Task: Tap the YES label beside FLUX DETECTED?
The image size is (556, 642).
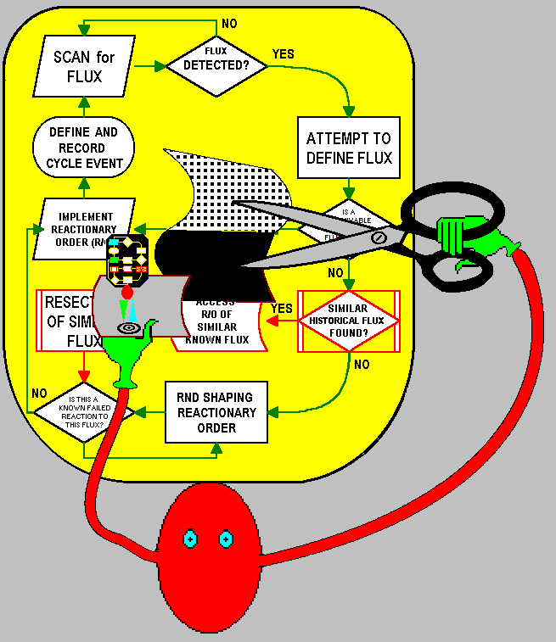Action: pos(283,53)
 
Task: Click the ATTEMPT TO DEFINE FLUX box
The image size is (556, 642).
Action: pos(349,148)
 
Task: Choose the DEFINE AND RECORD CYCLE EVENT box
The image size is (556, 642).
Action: pos(83,148)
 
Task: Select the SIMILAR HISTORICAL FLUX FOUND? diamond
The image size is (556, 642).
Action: pos(347,321)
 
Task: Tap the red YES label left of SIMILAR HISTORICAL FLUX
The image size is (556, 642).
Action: pos(281,308)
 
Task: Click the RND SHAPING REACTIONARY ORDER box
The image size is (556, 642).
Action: pos(216,412)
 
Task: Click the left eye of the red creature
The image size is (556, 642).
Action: pos(190,539)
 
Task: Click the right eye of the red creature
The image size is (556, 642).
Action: pos(226,539)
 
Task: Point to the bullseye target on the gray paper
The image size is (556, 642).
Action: pos(130,327)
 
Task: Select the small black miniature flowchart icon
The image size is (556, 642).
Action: pos(128,259)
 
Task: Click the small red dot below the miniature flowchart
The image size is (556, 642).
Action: pos(127,293)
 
